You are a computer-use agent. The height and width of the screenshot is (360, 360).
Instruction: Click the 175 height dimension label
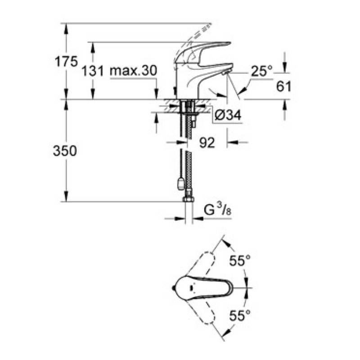66,62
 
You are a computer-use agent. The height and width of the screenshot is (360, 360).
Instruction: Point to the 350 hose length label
65,151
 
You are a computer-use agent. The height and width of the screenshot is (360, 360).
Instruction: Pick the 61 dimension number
283,86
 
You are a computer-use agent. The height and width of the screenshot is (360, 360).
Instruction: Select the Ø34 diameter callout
228,115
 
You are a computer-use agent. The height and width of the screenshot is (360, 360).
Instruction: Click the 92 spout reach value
207,143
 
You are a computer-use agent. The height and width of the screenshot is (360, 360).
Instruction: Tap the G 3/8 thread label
218,210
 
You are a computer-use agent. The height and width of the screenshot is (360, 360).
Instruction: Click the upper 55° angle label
240,261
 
